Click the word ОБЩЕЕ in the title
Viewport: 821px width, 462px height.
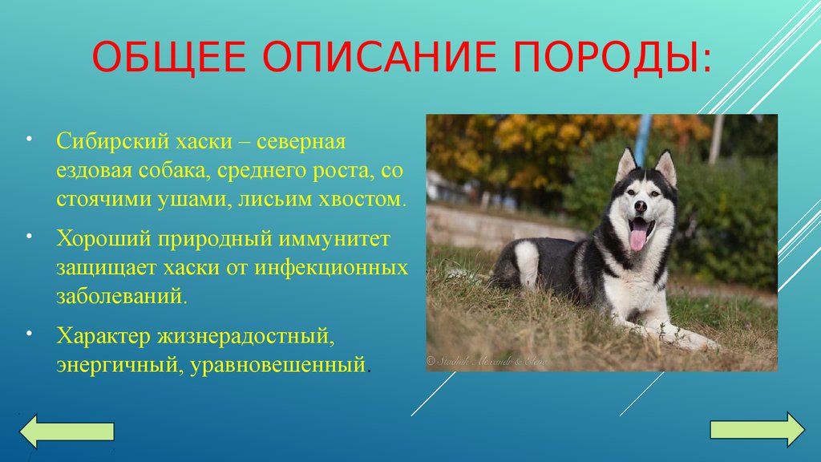coord(168,56)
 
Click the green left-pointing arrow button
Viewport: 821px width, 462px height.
coord(67,431)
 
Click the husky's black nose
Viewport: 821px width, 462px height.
coord(641,206)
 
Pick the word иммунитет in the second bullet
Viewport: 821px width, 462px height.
coord(334,239)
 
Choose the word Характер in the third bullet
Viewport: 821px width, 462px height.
coord(103,336)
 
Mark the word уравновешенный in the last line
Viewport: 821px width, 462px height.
coord(277,365)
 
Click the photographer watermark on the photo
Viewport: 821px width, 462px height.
coord(487,361)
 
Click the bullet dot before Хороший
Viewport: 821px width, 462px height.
coord(30,236)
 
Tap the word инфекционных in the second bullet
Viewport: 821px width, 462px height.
coord(331,268)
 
